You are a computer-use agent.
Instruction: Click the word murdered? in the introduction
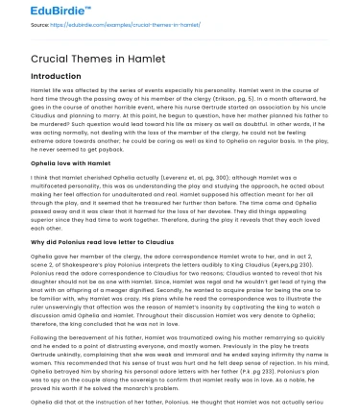point(43,124)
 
